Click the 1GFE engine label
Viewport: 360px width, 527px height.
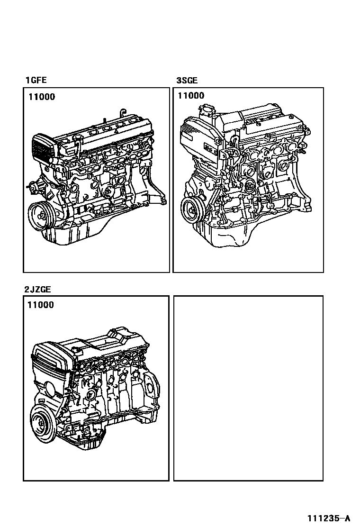[36, 81]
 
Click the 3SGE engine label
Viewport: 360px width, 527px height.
[187, 81]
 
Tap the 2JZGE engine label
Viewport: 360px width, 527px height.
[37, 289]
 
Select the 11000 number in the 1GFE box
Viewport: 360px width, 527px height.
[41, 97]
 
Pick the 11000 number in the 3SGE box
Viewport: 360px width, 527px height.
[191, 96]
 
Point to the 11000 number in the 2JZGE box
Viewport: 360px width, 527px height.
[40, 305]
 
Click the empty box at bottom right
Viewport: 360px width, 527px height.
[248, 388]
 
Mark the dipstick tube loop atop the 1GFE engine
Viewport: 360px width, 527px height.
[122, 112]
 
